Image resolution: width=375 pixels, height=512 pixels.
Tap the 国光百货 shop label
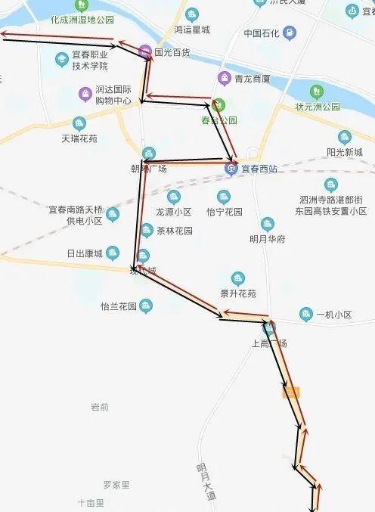(x=172, y=53)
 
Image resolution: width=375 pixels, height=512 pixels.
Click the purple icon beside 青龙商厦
(x=224, y=78)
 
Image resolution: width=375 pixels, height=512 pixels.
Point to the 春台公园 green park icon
(x=218, y=105)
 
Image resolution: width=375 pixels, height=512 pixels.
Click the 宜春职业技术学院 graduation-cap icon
(x=60, y=59)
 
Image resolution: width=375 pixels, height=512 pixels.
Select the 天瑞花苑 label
(x=79, y=139)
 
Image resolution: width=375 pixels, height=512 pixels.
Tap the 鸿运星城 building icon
(x=192, y=14)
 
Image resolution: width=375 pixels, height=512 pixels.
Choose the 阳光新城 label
(x=345, y=152)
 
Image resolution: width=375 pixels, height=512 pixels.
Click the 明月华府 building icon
(x=267, y=224)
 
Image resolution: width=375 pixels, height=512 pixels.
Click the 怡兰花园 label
(x=118, y=306)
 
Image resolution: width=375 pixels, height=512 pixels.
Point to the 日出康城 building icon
(x=113, y=252)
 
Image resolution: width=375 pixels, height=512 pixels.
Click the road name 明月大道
(x=205, y=481)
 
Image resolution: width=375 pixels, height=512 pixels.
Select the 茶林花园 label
(x=175, y=231)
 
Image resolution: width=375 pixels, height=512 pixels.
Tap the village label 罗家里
(x=116, y=484)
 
